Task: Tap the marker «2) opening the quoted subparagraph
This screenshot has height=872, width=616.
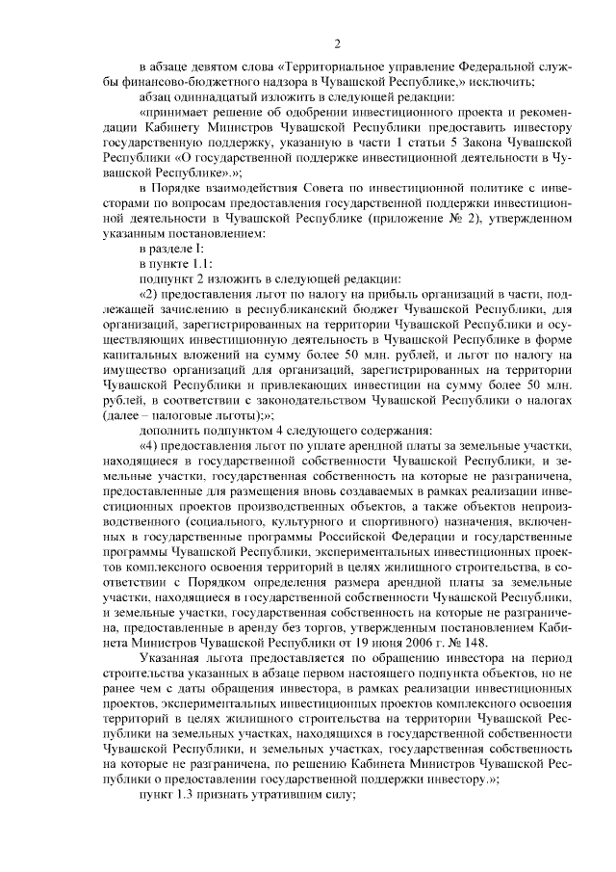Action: point(150,292)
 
